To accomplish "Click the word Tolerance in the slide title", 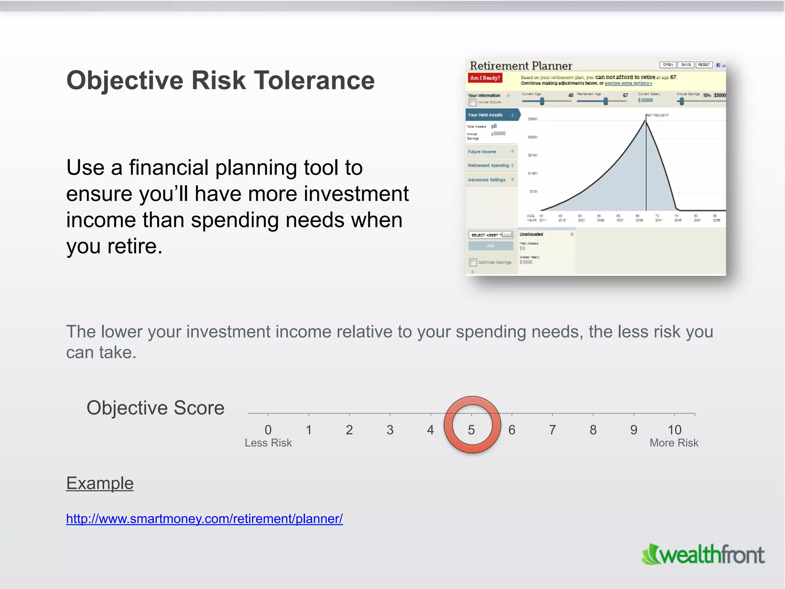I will (x=314, y=81).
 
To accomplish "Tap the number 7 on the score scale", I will (x=552, y=430).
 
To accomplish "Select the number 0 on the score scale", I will (x=268, y=430).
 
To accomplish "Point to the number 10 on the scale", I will (x=674, y=430).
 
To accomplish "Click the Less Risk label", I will (x=268, y=443).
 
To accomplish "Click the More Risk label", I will (x=674, y=443).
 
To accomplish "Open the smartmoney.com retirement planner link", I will (x=204, y=519).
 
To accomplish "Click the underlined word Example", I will (x=100, y=483).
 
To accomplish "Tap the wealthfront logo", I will (x=703, y=555).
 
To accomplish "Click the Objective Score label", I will (x=155, y=408).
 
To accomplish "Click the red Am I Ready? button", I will (x=485, y=78).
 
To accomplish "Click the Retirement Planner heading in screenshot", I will (x=521, y=66).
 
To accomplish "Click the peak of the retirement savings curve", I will (x=645, y=120).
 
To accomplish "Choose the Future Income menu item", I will (x=482, y=152).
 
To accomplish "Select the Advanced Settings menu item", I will (x=486, y=180).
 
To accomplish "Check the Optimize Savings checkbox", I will (x=473, y=262).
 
